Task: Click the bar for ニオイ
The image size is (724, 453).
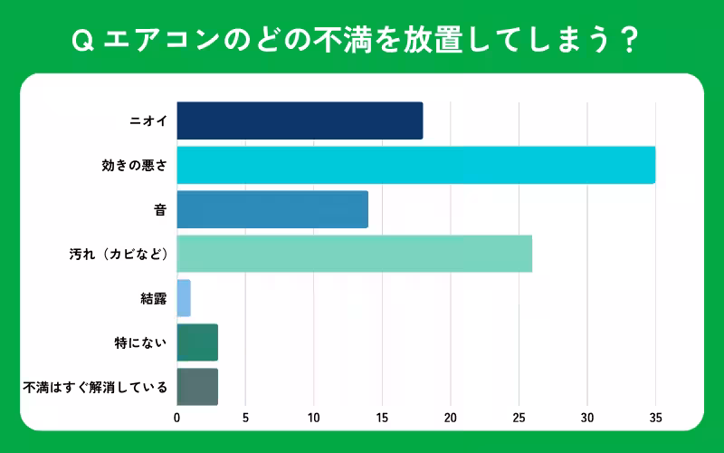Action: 300,120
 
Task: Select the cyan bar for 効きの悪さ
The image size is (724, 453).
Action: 415,165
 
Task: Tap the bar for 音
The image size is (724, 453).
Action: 272,209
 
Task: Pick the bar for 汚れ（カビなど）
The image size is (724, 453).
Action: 354,254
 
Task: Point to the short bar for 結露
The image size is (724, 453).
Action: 184,298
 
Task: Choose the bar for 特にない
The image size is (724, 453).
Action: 197,342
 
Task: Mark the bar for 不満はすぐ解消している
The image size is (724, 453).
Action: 197,387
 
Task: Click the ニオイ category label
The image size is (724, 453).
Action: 148,121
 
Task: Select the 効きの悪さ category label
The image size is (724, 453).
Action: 134,166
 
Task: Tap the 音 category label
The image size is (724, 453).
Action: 160,210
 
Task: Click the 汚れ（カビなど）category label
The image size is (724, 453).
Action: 114,255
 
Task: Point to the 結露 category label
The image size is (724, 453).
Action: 154,299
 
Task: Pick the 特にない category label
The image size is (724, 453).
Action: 140,343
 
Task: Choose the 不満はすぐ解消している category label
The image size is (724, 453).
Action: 95,388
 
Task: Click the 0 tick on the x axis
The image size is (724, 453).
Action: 177,418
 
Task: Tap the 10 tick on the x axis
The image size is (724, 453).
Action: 314,418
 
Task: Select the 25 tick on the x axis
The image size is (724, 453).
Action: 519,418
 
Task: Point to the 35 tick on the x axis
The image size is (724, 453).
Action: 655,418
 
